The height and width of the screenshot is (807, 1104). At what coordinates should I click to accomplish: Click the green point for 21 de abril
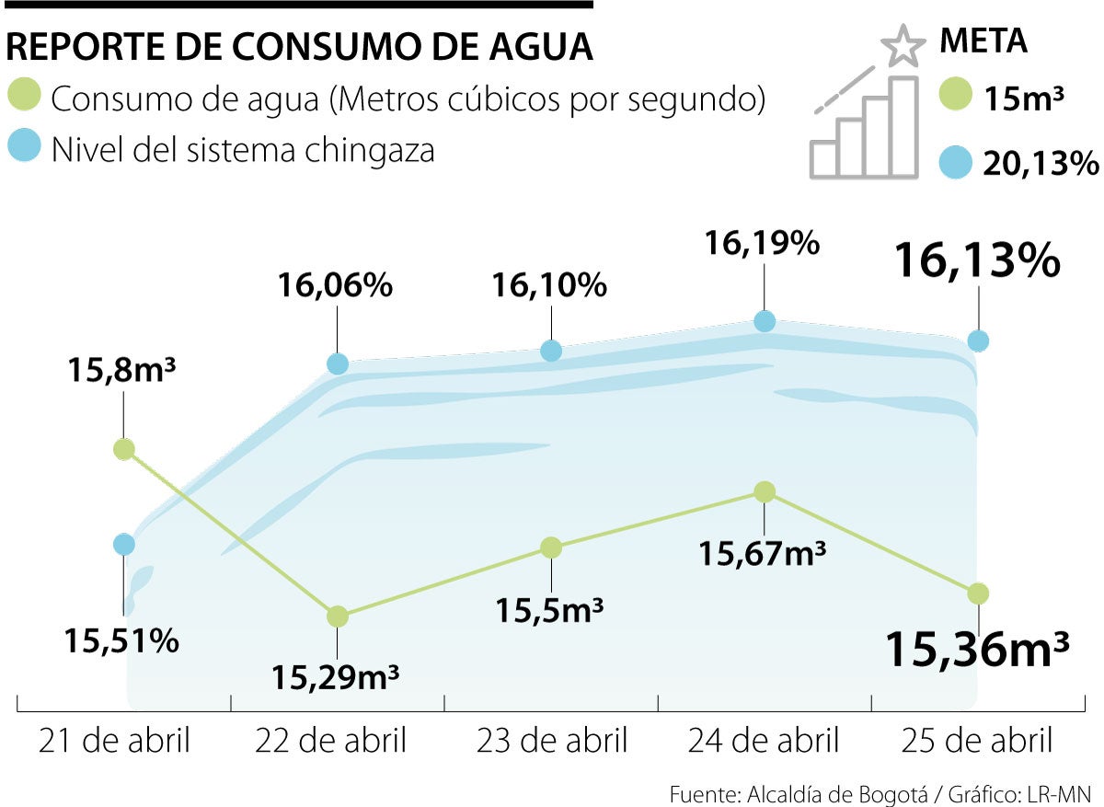pos(124,449)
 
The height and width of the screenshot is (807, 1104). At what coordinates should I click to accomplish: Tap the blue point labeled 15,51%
pos(124,545)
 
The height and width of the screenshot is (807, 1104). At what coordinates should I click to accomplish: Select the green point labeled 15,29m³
pos(338,616)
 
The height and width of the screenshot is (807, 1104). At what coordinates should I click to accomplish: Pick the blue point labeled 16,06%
pos(338,363)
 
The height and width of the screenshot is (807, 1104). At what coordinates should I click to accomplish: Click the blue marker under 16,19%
pos(765,321)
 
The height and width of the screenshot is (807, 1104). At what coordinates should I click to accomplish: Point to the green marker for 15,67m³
pos(764,492)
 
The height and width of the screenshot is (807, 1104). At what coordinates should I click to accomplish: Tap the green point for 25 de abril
pos(978,593)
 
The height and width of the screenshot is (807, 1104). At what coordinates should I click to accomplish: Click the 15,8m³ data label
pos(121,372)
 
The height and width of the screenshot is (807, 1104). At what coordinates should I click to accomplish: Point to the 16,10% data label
pos(550,285)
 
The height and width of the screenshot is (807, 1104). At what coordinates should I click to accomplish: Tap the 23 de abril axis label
pos(551,740)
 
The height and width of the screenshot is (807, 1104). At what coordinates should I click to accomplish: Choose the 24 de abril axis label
pos(765,740)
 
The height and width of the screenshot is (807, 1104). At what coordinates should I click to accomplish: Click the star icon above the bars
pos(901,46)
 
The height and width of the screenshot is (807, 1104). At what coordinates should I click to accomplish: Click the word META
pos(983,41)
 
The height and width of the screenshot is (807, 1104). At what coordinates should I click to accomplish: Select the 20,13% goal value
pos(1040,164)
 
